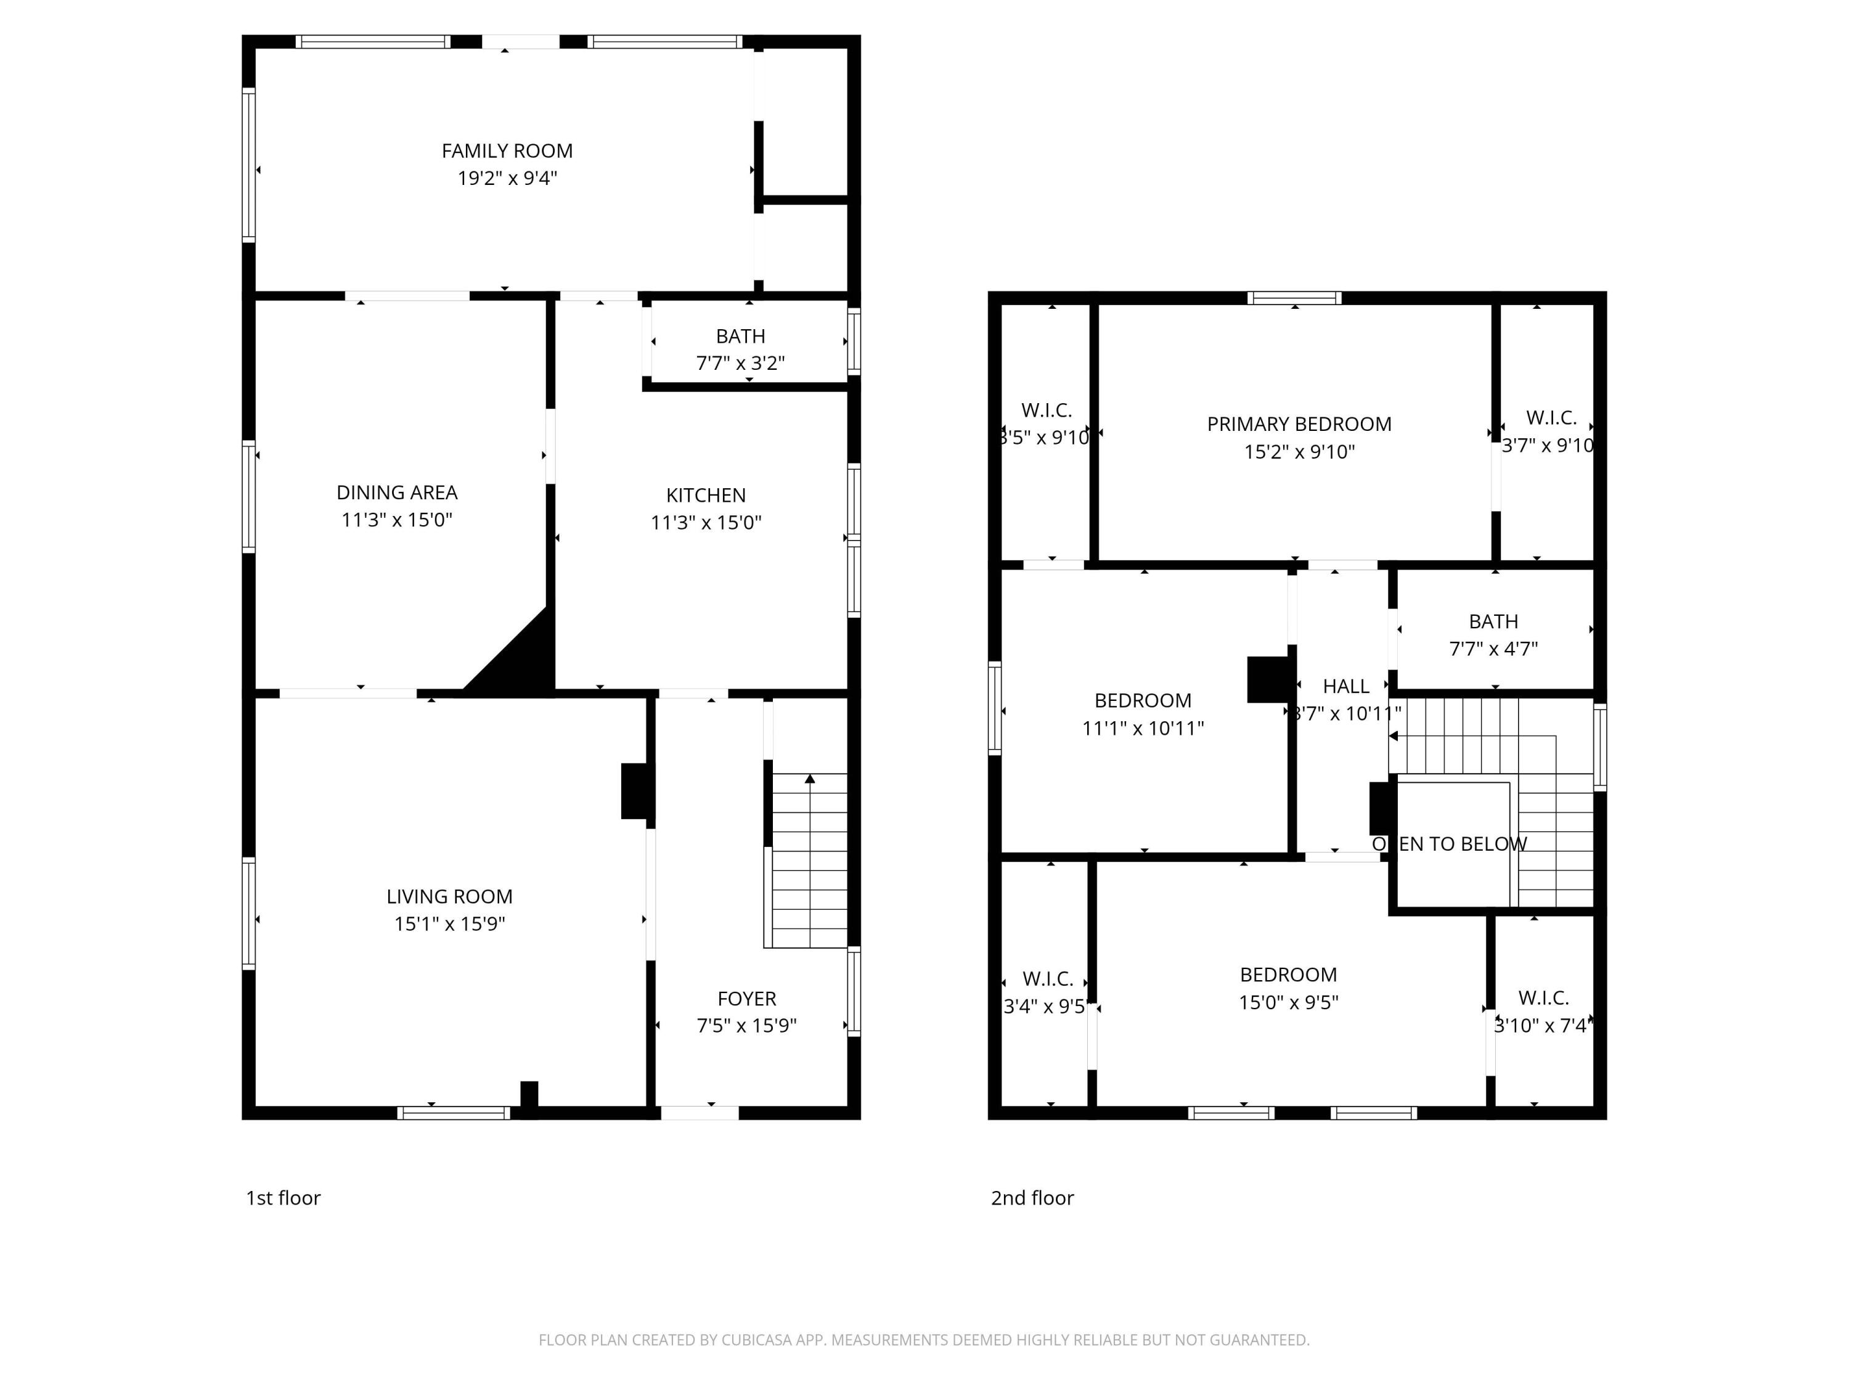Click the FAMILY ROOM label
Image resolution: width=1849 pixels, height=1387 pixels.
click(x=507, y=151)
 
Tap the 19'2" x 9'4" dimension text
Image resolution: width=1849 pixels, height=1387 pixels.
click(x=507, y=178)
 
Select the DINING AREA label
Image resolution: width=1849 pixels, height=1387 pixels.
click(x=396, y=493)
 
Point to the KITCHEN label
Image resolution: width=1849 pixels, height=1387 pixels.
click(x=706, y=495)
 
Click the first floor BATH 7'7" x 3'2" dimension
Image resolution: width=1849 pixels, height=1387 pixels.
click(x=740, y=363)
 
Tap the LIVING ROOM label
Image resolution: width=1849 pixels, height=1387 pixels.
click(x=449, y=896)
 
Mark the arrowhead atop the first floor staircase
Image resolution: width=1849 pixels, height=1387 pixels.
click(x=809, y=779)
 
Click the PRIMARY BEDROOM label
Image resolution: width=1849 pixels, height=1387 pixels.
click(x=1298, y=424)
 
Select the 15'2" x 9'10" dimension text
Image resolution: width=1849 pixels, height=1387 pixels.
click(x=1298, y=451)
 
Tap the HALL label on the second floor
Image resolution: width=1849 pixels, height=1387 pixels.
click(x=1345, y=686)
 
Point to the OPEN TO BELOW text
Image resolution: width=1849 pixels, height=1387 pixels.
click(x=1448, y=845)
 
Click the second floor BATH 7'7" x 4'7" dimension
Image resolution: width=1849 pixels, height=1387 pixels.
click(x=1493, y=648)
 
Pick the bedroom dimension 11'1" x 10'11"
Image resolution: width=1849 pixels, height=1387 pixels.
click(x=1142, y=728)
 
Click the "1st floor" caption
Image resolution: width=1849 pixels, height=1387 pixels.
click(x=282, y=1198)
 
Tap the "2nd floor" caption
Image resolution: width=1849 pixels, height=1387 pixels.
click(x=1032, y=1198)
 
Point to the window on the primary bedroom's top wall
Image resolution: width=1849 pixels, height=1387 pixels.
click(x=1294, y=298)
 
